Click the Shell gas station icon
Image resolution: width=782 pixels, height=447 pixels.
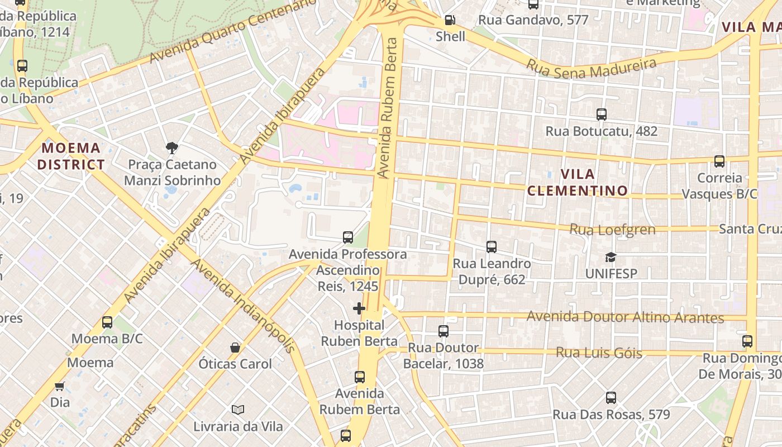pyautogui.click(x=450, y=21)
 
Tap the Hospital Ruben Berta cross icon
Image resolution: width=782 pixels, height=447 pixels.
pyautogui.click(x=359, y=308)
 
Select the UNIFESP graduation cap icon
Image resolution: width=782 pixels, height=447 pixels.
pyautogui.click(x=611, y=257)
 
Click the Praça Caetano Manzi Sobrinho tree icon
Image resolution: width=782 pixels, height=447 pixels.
pyautogui.click(x=171, y=148)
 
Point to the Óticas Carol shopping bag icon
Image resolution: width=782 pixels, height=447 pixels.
pyautogui.click(x=235, y=348)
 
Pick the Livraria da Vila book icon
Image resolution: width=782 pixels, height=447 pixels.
pyautogui.click(x=238, y=410)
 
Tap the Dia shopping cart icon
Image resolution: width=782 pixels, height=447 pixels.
pyautogui.click(x=60, y=386)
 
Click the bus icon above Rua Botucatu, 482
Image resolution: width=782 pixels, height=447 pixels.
pyautogui.click(x=602, y=115)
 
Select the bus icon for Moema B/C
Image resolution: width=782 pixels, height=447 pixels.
pyautogui.click(x=107, y=322)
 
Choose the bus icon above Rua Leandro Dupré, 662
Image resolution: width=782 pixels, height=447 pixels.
pyautogui.click(x=492, y=246)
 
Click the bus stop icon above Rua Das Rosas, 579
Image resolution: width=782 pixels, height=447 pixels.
pyautogui.click(x=611, y=398)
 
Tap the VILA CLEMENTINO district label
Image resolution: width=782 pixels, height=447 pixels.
pyautogui.click(x=578, y=182)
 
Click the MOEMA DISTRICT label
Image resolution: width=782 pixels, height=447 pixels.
pyautogui.click(x=71, y=156)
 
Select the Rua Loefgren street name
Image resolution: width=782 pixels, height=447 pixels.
pyautogui.click(x=612, y=229)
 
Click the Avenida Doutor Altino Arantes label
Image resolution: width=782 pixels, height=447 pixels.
pyautogui.click(x=625, y=317)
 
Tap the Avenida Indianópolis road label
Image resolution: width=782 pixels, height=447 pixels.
pyautogui.click(x=242, y=305)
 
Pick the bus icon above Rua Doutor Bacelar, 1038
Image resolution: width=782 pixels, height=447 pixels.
pyautogui.click(x=444, y=331)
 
